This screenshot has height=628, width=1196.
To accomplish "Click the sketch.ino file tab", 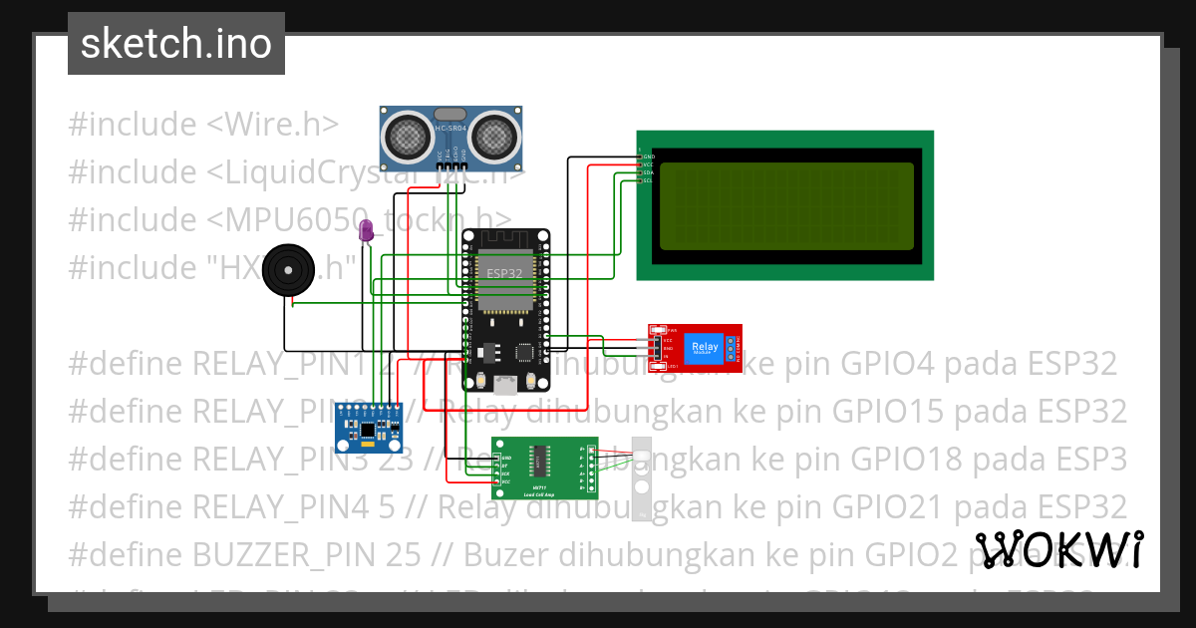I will point(175,44).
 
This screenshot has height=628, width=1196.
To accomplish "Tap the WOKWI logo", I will point(1058,550).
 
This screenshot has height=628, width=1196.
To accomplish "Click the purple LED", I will point(366,230).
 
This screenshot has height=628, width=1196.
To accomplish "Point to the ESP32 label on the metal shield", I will point(503,271).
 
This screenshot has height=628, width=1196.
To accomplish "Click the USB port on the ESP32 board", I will point(506,384).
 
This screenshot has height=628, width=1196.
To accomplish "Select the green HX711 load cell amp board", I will point(544,468).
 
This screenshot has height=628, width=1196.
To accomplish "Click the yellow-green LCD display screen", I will point(786,206).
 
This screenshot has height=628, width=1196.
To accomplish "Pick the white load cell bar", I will point(643,478).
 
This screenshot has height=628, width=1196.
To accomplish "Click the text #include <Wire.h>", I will point(203,125).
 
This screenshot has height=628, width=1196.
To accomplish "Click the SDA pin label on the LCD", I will point(647,172).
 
